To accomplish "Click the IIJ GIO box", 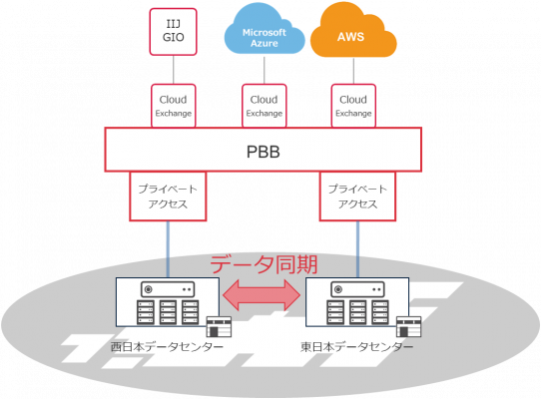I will pyautogui.click(x=173, y=30).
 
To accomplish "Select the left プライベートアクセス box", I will pyautogui.click(x=166, y=197).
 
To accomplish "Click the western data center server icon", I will pyautogui.click(x=166, y=304).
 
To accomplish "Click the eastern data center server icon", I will pyautogui.click(x=355, y=304).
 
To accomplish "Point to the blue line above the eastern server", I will pyautogui.click(x=356, y=248).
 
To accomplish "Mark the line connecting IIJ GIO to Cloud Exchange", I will pyautogui.click(x=173, y=69).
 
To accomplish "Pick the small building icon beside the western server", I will pyautogui.click(x=218, y=327).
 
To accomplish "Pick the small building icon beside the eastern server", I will pyautogui.click(x=407, y=327).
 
